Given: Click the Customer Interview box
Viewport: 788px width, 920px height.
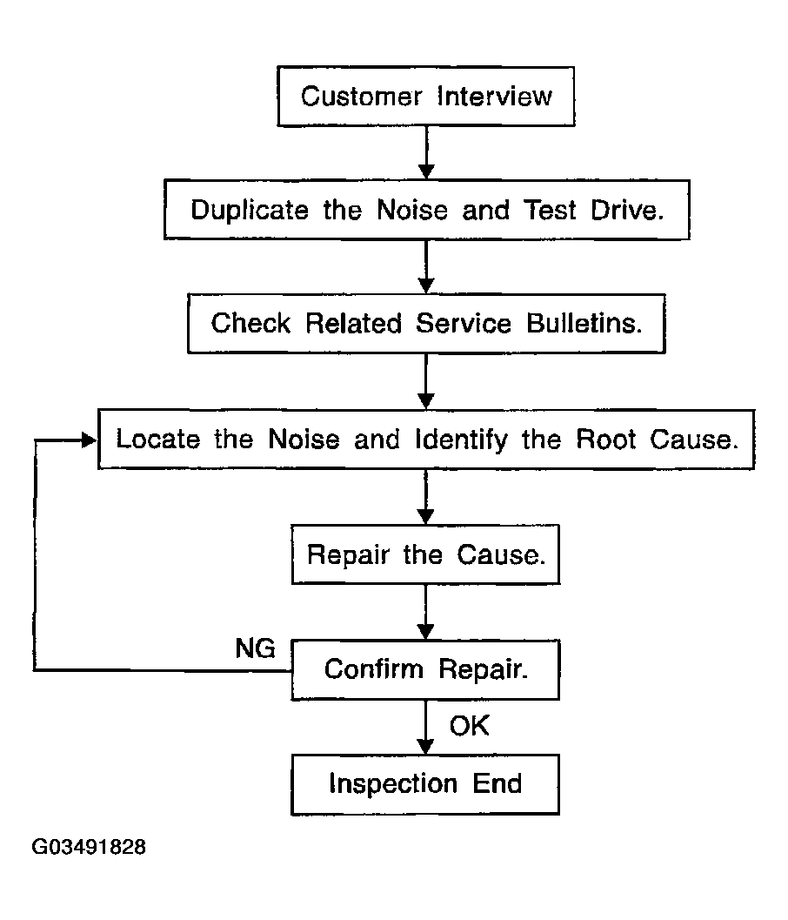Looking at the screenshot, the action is pyautogui.click(x=425, y=97).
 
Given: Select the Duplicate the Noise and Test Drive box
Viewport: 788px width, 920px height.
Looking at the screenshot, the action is pyautogui.click(x=427, y=210).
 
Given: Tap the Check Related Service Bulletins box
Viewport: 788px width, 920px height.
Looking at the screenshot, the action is pyautogui.click(x=426, y=323).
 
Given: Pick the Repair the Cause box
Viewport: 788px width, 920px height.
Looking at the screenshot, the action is pyautogui.click(x=425, y=554).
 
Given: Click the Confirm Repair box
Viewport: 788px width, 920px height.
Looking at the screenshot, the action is pyautogui.click(x=425, y=669).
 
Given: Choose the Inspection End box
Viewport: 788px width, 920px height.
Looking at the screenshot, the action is pyautogui.click(x=425, y=784).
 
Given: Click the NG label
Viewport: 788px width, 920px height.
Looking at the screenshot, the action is pyautogui.click(x=255, y=648).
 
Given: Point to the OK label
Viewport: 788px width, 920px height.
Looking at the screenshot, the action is pyautogui.click(x=469, y=726).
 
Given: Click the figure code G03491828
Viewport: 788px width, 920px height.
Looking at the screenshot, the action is pyautogui.click(x=89, y=847).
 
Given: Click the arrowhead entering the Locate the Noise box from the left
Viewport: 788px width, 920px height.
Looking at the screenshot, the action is pyautogui.click(x=89, y=440).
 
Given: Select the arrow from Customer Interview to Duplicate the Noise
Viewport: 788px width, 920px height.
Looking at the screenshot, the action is pyautogui.click(x=426, y=152).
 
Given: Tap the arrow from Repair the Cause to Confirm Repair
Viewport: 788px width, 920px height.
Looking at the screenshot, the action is pyautogui.click(x=425, y=612).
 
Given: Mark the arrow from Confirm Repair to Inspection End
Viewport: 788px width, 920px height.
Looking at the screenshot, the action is pyautogui.click(x=425, y=727).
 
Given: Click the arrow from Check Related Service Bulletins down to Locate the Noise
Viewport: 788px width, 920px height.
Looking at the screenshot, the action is pyautogui.click(x=426, y=381).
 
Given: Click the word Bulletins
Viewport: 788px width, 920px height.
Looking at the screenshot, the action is pyautogui.click(x=584, y=323).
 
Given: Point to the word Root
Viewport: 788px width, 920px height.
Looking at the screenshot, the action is pyautogui.click(x=605, y=439).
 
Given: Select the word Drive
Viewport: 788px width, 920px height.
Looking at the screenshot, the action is pyautogui.click(x=627, y=210).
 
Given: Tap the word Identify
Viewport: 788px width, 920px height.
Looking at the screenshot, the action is pyautogui.click(x=462, y=440).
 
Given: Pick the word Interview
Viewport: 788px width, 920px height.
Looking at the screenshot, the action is pyautogui.click(x=495, y=97).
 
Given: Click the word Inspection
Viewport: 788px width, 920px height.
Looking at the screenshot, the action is pyautogui.click(x=393, y=784).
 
